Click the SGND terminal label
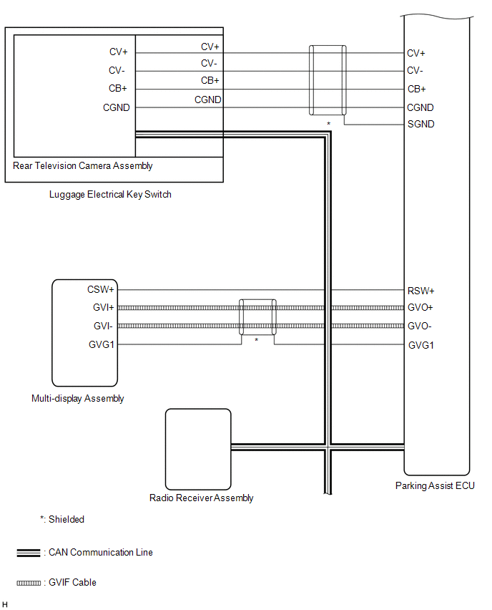click(420, 125)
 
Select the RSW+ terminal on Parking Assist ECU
click(421, 291)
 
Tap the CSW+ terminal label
click(101, 290)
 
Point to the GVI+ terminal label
click(103, 308)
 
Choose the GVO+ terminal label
click(421, 308)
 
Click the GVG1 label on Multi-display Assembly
click(102, 345)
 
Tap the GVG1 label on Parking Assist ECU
click(421, 345)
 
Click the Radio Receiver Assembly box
click(198, 448)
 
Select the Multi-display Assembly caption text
click(78, 399)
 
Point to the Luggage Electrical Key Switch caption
click(110, 194)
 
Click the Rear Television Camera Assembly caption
click(83, 166)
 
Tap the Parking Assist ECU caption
click(435, 485)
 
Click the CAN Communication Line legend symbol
click(29, 553)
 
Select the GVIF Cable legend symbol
click(29, 583)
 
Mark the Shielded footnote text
click(62, 520)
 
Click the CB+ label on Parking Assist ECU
click(416, 89)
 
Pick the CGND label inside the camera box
click(117, 108)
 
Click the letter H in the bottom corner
click(6, 604)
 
